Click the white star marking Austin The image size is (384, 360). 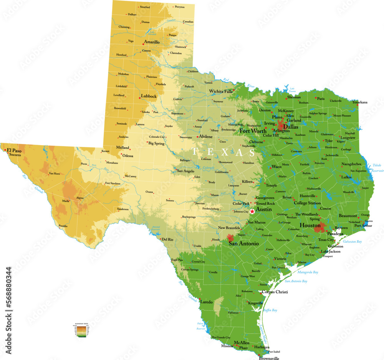click(252, 211)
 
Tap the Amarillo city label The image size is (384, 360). click(152, 42)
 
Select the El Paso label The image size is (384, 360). click(14, 150)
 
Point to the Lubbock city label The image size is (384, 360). click(149, 96)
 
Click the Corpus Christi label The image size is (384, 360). click(275, 292)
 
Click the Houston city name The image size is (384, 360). click(310, 225)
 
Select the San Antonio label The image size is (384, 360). click(243, 243)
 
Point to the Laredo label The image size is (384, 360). click(207, 302)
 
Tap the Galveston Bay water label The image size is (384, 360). click(353, 241)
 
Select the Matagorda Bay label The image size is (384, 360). click(308, 272)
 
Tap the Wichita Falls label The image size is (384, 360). click(221, 91)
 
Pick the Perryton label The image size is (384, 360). click(179, 7)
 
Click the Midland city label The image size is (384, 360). click(123, 147)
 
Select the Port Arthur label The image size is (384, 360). click(363, 226)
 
